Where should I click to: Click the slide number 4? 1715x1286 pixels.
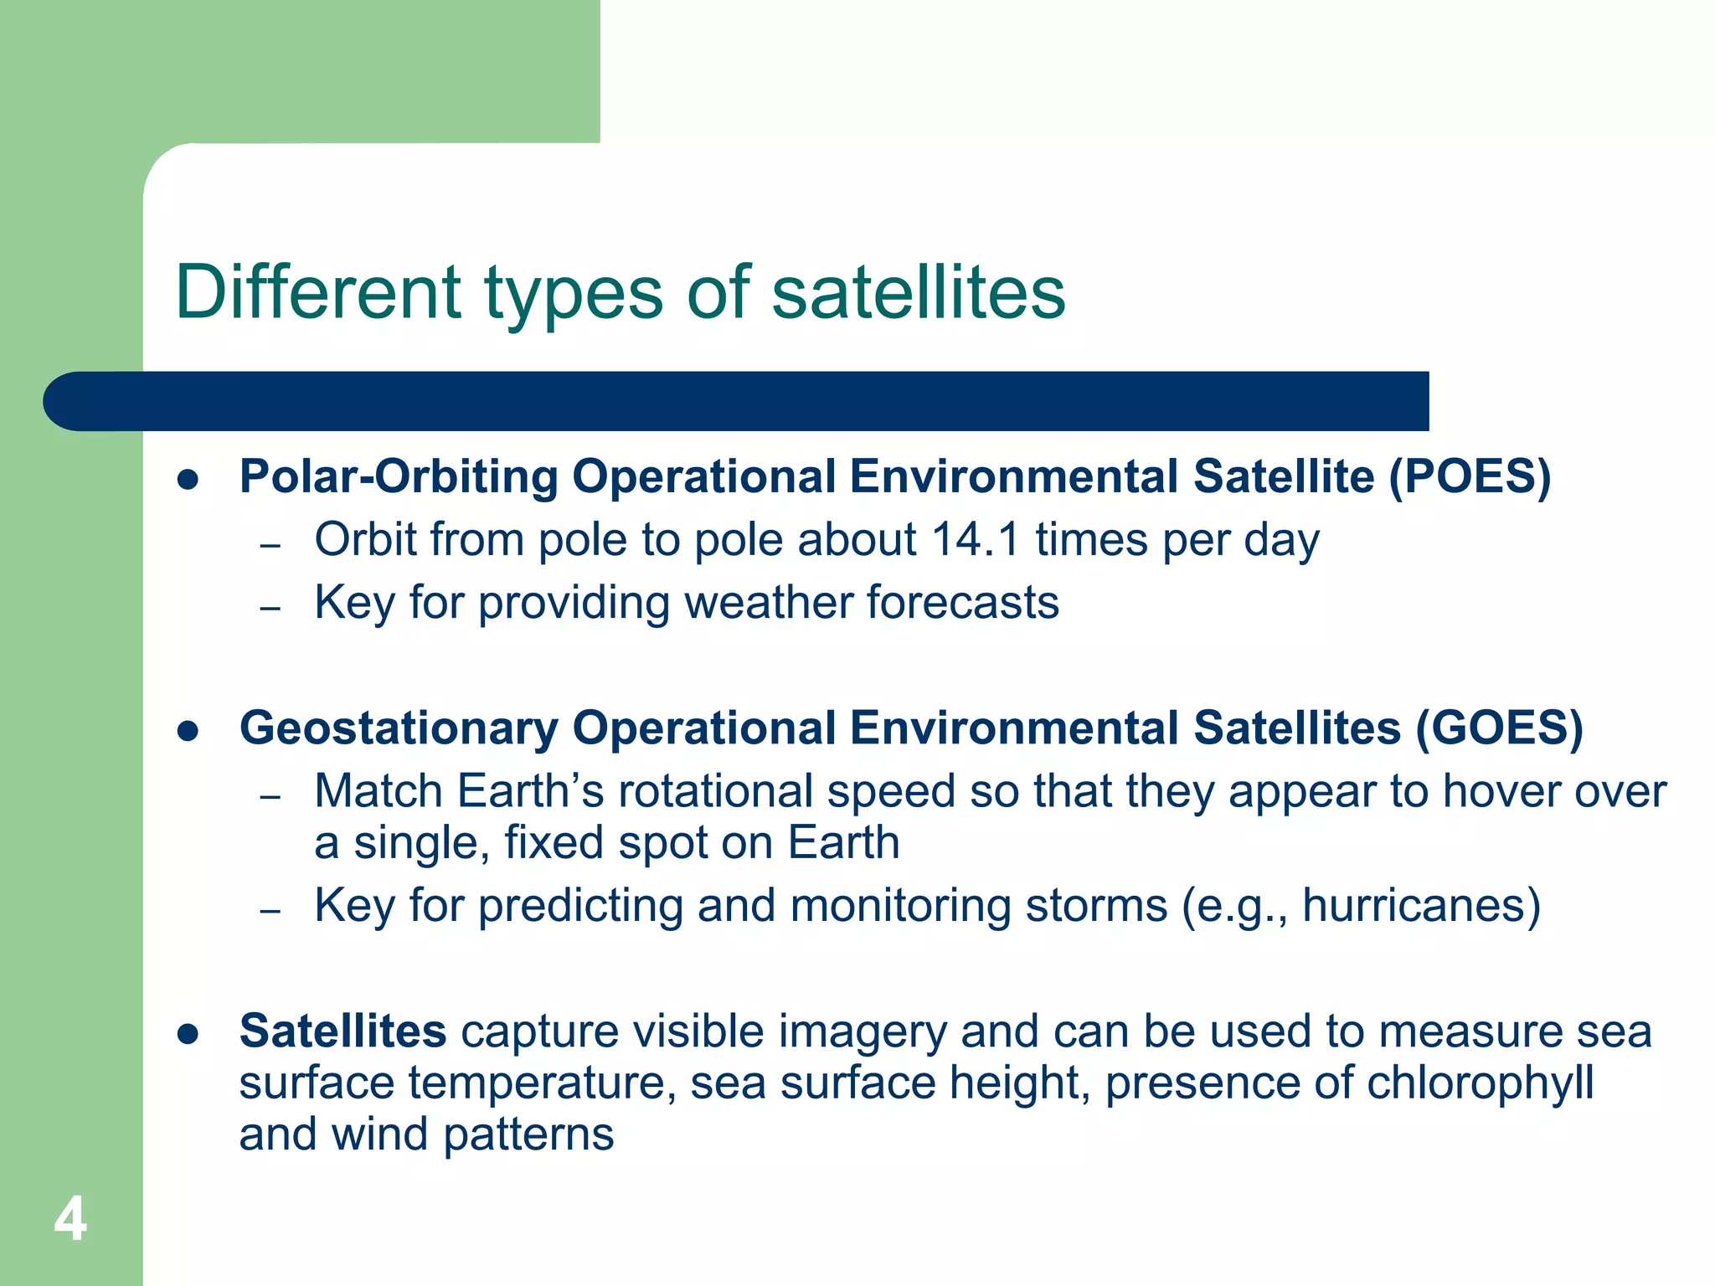coord(70,1219)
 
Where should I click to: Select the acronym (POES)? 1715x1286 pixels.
coord(1470,476)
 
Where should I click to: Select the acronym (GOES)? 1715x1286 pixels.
coord(1499,728)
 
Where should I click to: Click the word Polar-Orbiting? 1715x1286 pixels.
coord(399,476)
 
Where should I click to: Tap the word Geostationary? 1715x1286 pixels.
coord(399,728)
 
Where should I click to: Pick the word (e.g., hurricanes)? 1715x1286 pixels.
coord(1361,906)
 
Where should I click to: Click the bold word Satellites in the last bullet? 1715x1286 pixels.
coord(342,1031)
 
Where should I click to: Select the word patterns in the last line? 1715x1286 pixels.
coord(528,1134)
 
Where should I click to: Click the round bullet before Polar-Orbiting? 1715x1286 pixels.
coord(188,480)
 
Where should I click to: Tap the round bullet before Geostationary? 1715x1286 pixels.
coord(188,731)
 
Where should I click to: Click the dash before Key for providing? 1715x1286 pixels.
coord(270,608)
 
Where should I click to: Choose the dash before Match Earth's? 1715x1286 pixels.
coord(270,796)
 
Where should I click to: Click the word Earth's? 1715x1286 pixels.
coord(530,791)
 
